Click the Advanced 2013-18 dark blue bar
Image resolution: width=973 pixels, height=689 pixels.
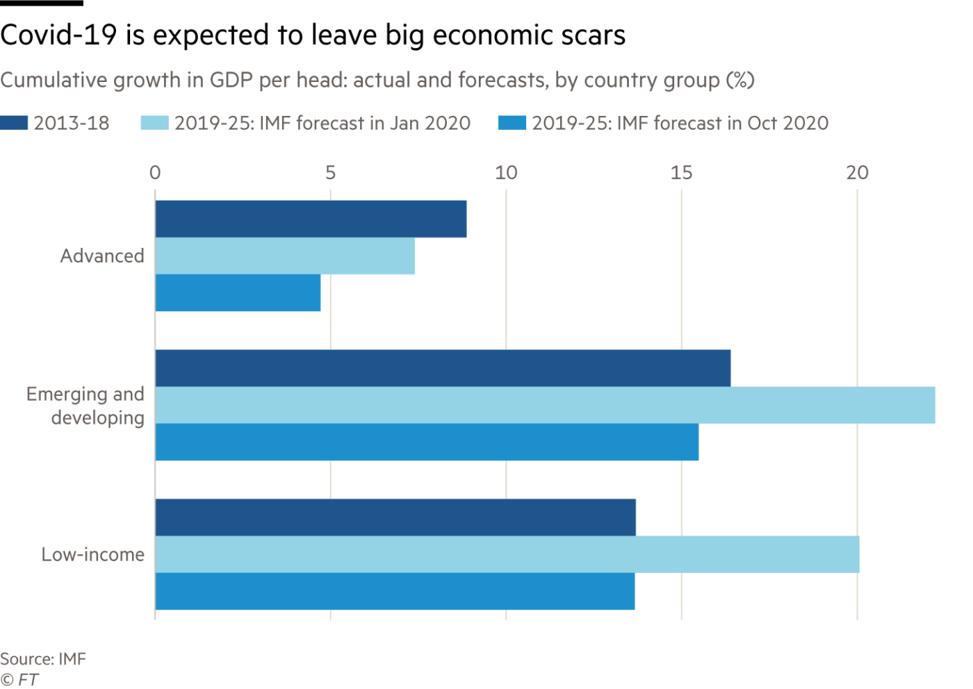pyautogui.click(x=311, y=219)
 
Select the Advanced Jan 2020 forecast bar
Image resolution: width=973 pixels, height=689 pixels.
pyautogui.click(x=285, y=256)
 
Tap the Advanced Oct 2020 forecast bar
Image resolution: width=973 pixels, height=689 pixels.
pyautogui.click(x=238, y=293)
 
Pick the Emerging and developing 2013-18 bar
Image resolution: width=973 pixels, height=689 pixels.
pyautogui.click(x=443, y=367)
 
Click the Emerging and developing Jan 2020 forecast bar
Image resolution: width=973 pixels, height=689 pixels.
pyautogui.click(x=546, y=406)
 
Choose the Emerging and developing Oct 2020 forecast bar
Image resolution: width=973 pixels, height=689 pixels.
pyautogui.click(x=427, y=442)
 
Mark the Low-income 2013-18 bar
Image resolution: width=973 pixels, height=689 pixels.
pyautogui.click(x=395, y=517)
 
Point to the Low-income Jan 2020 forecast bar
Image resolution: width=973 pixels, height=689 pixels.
pyautogui.click(x=507, y=554)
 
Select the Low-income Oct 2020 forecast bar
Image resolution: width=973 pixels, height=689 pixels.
pyautogui.click(x=395, y=592)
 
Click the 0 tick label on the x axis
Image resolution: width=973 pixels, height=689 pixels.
pyautogui.click(x=155, y=172)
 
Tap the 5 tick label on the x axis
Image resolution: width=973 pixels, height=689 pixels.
pyautogui.click(x=330, y=172)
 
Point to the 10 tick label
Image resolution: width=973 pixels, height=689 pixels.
pyautogui.click(x=506, y=172)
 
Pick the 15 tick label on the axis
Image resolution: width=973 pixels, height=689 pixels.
pyautogui.click(x=682, y=172)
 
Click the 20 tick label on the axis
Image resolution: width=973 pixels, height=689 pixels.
pyautogui.click(x=857, y=172)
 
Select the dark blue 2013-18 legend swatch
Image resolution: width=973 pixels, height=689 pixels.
pyautogui.click(x=14, y=124)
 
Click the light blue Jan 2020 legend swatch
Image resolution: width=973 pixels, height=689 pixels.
pyautogui.click(x=154, y=124)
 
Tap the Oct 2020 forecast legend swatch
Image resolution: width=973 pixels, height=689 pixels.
pyautogui.click(x=512, y=124)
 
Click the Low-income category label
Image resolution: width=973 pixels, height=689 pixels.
pyautogui.click(x=93, y=554)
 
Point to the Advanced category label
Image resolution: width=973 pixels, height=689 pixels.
pyautogui.click(x=102, y=256)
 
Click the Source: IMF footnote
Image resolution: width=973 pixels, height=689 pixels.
pyautogui.click(x=43, y=658)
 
